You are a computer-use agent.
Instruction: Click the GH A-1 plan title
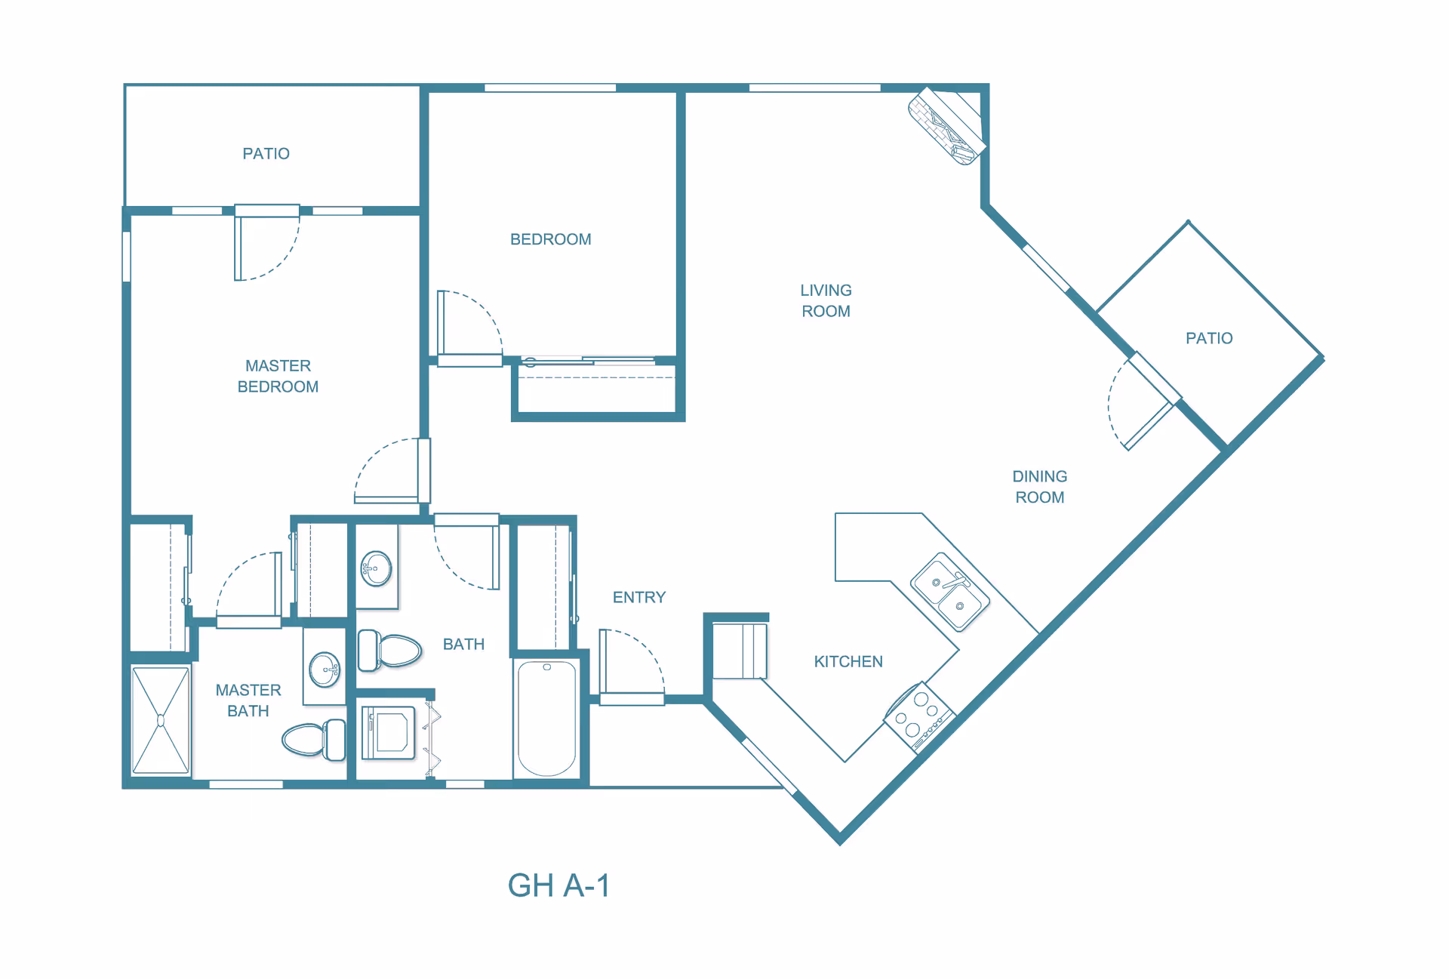point(558,885)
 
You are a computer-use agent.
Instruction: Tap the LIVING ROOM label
point(826,300)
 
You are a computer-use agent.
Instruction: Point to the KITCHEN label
point(848,661)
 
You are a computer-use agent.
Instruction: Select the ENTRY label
point(639,597)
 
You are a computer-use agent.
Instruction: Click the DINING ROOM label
point(1040,487)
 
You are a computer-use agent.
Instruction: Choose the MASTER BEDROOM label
point(278,376)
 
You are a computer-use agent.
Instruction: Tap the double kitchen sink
point(950,592)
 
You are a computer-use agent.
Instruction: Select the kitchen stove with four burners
point(920,717)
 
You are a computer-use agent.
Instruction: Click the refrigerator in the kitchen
point(740,651)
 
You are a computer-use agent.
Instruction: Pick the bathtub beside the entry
point(547,719)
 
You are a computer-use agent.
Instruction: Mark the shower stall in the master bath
point(161,721)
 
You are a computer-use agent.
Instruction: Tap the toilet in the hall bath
point(389,650)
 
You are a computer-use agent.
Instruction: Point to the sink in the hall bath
point(377,568)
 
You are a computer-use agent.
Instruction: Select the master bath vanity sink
point(325,669)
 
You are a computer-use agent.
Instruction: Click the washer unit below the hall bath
point(389,732)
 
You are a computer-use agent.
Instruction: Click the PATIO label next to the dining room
point(1209,338)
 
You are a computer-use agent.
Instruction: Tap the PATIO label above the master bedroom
point(266,153)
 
